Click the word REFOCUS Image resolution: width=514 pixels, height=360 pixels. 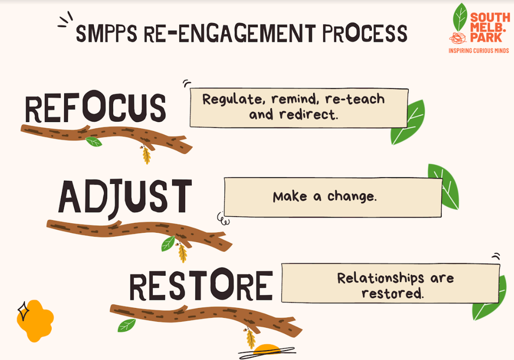[96, 107]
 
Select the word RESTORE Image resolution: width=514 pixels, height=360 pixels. [201, 285]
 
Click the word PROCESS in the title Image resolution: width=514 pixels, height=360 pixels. [365, 33]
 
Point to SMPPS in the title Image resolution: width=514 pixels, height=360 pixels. [106, 33]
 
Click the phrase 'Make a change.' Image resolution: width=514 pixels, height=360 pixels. [325, 197]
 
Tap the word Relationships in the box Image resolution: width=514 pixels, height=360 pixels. [380, 278]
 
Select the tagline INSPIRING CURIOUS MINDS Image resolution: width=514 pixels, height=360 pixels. [479, 51]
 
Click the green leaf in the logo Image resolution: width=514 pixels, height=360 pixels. [460, 17]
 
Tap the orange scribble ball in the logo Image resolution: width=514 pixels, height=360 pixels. [457, 38]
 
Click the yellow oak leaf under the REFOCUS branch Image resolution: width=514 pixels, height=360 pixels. [146, 155]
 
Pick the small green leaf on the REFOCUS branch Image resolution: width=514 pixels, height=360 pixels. [94, 142]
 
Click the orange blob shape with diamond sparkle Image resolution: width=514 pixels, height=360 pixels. [35, 321]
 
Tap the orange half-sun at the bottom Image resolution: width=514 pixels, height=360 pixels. [266, 349]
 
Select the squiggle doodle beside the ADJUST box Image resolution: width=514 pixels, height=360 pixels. [223, 219]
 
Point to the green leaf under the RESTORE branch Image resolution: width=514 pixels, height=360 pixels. [126, 325]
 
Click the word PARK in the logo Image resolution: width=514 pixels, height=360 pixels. [486, 38]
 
